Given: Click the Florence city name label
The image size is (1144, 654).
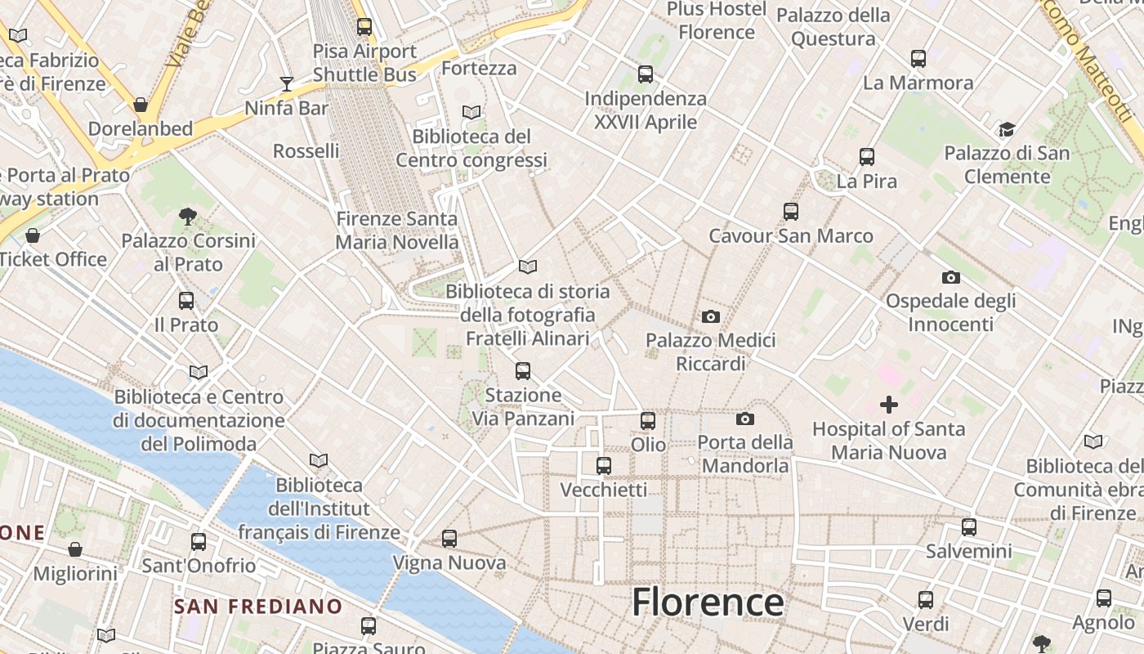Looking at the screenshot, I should [x=708, y=603].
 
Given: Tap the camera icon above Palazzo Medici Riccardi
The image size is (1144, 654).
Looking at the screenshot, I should [x=711, y=316].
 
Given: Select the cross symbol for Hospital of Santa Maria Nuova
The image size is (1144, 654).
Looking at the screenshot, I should [x=888, y=404].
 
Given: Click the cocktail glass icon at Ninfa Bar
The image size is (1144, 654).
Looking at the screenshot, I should [x=286, y=83].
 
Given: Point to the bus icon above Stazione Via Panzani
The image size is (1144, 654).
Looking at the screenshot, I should [x=523, y=371].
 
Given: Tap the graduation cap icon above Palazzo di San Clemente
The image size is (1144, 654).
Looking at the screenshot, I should [x=1007, y=129].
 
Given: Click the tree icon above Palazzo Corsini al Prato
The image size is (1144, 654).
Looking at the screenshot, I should [x=188, y=217].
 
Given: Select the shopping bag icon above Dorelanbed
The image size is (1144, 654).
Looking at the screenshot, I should [x=141, y=105].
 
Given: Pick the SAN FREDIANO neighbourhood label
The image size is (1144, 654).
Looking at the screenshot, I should [x=258, y=607].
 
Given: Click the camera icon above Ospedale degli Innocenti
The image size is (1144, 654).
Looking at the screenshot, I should [x=951, y=277].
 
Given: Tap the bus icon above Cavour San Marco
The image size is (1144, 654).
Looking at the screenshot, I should [x=790, y=212].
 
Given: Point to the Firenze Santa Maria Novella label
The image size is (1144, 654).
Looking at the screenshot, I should [x=397, y=231].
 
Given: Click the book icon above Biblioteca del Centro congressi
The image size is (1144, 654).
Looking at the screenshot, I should [x=471, y=112].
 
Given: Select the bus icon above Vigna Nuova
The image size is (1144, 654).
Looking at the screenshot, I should [x=449, y=539].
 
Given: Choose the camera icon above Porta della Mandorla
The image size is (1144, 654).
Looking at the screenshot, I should [x=744, y=419].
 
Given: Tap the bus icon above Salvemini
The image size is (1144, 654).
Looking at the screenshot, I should [x=969, y=527].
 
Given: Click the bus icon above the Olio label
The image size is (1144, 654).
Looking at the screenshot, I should [x=648, y=421].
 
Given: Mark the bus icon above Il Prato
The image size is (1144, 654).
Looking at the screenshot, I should [x=186, y=301].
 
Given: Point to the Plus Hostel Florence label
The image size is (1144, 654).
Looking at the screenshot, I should [x=717, y=20].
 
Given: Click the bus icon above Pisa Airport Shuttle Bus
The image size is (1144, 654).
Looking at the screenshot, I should [x=364, y=27].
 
